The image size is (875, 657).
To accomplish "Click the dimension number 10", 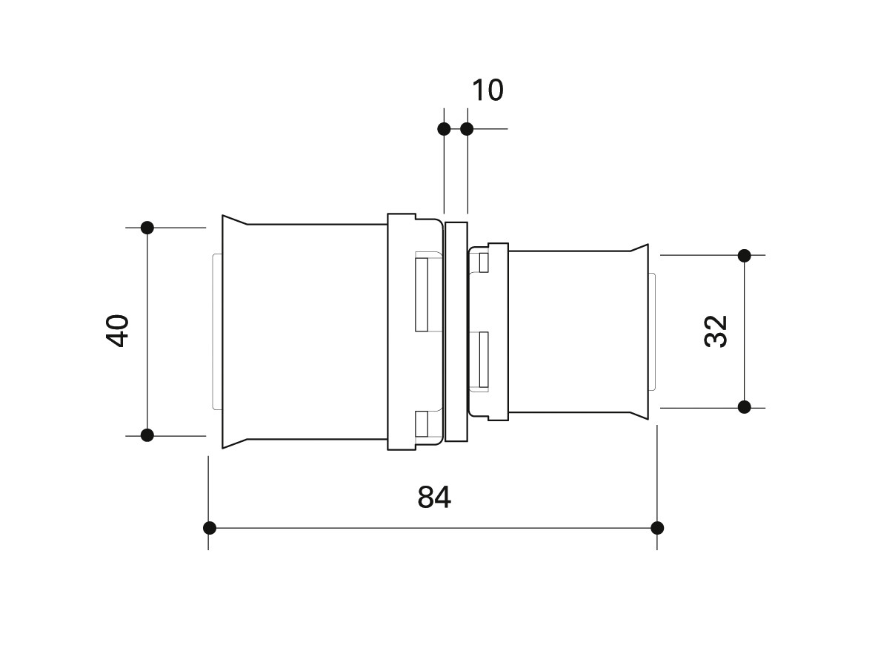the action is tap(488, 90).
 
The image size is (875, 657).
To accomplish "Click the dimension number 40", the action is tap(118, 331).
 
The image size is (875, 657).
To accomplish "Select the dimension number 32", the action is tap(716, 331).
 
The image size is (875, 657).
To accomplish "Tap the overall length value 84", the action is tap(434, 497).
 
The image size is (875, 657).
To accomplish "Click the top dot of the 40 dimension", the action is tap(147, 228).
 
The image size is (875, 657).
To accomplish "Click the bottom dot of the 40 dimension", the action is tap(147, 435).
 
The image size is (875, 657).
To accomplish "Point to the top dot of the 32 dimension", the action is tap(745, 255).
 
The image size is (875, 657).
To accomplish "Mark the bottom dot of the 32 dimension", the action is tap(745, 406).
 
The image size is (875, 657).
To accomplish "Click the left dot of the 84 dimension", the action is tap(209, 527).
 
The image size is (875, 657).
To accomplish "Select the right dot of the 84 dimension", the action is tap(657, 527).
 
